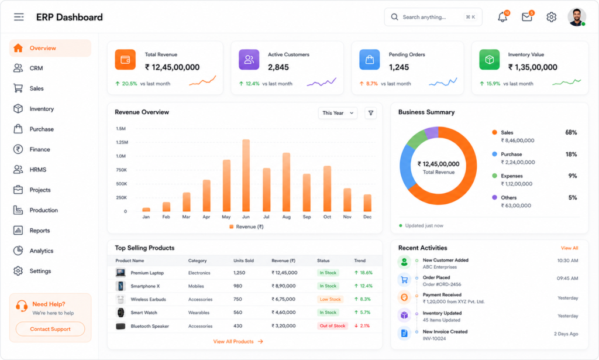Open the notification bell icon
point(502,17)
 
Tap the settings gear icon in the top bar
point(551,17)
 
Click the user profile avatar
point(576,17)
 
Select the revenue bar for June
point(246,176)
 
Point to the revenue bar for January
point(146,210)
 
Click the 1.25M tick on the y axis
point(122,142)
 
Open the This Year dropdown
point(338,113)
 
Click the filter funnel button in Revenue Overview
point(370,113)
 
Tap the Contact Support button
point(50,329)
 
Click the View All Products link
point(238,342)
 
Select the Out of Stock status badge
point(332,326)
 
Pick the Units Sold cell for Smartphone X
point(237,286)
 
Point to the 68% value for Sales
point(571,133)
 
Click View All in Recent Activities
point(569,248)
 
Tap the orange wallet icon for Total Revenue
point(125,60)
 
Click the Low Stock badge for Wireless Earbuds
point(330,299)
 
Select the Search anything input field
point(433,17)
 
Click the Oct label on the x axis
point(327,217)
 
